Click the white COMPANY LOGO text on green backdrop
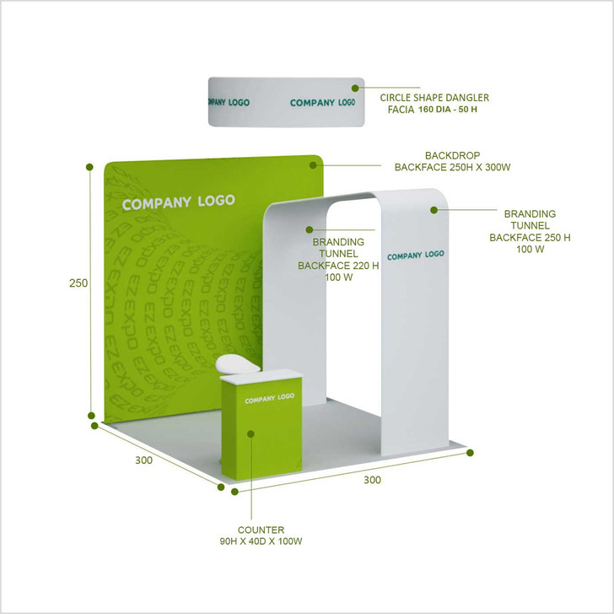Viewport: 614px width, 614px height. pos(178,202)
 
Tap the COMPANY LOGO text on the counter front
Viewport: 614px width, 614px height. pos(269,399)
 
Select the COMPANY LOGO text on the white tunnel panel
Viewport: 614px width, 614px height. pos(415,255)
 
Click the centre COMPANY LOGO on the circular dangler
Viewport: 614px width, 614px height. pos(322,103)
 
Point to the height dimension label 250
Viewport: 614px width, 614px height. pos(78,283)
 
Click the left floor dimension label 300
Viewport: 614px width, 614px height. pos(145,460)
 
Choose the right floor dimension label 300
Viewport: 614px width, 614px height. pos(372,480)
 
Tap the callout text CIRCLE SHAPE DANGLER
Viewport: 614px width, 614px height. pos(434,98)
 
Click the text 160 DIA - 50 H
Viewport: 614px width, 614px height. pos(454,110)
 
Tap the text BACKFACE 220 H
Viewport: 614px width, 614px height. pos(338,266)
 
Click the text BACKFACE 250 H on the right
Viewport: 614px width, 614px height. pos(530,237)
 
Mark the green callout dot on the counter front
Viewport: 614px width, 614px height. pos(250,434)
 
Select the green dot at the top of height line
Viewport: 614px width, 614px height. pos(89,167)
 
